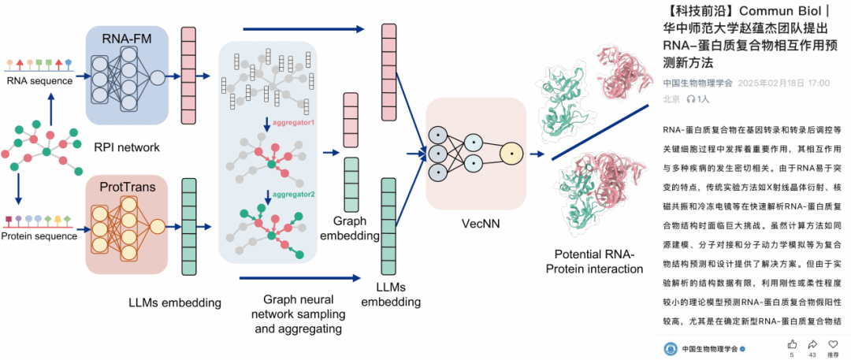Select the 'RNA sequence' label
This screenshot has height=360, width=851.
tap(39, 80)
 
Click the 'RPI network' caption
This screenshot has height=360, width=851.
tap(127, 147)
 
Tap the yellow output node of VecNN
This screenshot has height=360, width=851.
tap(511, 150)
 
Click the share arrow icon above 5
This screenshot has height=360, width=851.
tap(791, 344)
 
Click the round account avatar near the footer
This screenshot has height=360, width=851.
tap(671, 348)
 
